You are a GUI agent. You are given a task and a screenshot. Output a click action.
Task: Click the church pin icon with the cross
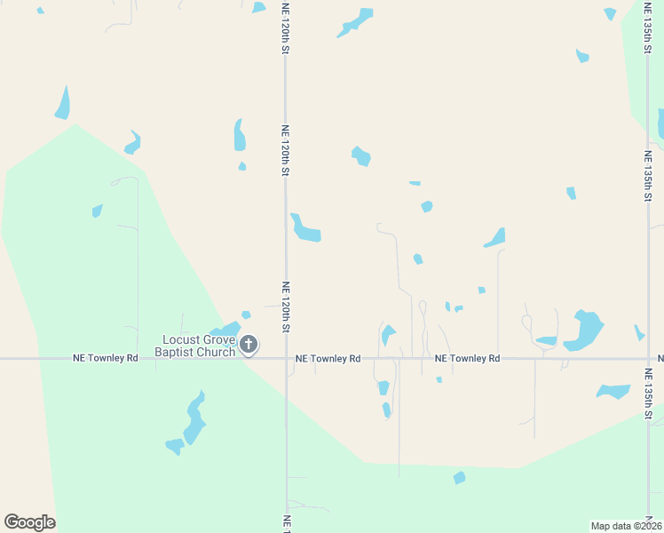(249, 345)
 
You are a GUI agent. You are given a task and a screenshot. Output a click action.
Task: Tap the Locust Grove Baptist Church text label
(197, 346)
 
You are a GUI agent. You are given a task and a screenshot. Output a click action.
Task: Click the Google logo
(30, 522)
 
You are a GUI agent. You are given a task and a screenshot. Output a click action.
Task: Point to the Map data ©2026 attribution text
(626, 526)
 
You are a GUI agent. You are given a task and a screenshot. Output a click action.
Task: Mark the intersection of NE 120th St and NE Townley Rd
(286, 359)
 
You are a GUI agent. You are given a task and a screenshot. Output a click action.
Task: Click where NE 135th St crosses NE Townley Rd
(648, 359)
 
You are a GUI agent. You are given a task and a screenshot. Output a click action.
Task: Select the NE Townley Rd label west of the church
(106, 359)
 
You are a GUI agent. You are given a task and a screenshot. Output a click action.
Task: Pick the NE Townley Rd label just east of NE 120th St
(328, 359)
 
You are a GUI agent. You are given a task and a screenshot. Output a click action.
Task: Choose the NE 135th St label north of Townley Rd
(648, 176)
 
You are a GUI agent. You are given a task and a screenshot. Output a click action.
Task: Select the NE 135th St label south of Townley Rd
(648, 392)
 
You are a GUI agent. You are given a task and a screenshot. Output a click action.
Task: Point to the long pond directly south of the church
(194, 418)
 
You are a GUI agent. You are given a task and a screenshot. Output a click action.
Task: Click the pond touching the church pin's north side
(229, 330)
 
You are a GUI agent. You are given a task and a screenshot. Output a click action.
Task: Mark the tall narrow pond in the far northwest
(63, 103)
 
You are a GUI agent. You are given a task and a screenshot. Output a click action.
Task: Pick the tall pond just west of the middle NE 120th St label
(239, 135)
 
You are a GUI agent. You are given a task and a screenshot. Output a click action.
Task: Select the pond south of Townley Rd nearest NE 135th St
(613, 391)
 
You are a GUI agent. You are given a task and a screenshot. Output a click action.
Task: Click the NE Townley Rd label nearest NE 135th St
(468, 359)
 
